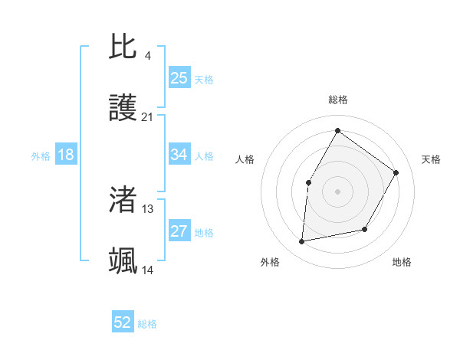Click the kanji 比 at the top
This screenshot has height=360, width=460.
click(123, 47)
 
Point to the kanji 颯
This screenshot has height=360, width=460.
click(123, 261)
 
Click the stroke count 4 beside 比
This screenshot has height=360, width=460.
click(147, 56)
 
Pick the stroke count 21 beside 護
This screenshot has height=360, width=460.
click(148, 117)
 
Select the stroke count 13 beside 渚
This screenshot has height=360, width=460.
click(148, 208)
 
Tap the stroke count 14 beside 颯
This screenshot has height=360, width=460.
click(148, 270)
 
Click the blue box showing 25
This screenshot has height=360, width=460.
click(179, 78)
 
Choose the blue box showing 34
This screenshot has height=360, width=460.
click(179, 155)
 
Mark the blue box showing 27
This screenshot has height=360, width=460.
click(179, 231)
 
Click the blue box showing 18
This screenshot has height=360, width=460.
click(66, 155)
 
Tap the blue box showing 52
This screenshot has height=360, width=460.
click(123, 323)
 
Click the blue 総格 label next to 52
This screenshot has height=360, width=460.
click(147, 324)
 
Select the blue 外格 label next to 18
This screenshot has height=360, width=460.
click(41, 155)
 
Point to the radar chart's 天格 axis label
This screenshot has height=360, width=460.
click(431, 159)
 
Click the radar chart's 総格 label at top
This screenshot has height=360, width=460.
click(337, 100)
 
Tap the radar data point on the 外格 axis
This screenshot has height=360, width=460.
click(302, 242)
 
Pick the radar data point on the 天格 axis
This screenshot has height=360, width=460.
click(396, 172)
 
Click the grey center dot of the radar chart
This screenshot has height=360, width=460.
click(337, 191)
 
